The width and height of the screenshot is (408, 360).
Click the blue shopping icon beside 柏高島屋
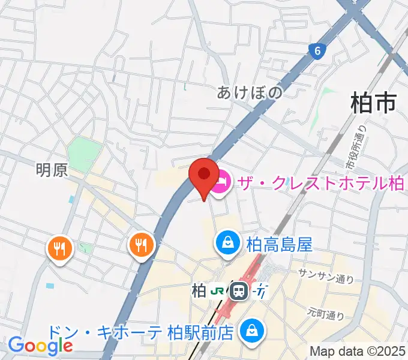228,243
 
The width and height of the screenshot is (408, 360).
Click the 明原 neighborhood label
52,170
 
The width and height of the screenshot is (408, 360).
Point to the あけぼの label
249,92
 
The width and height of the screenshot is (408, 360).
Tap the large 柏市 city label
373,103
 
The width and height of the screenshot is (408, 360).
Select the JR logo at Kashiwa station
218,292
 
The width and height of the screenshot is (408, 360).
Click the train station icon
239,292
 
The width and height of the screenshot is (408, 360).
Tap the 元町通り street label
326,312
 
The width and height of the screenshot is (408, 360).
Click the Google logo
40,346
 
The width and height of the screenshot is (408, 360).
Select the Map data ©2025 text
358,351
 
